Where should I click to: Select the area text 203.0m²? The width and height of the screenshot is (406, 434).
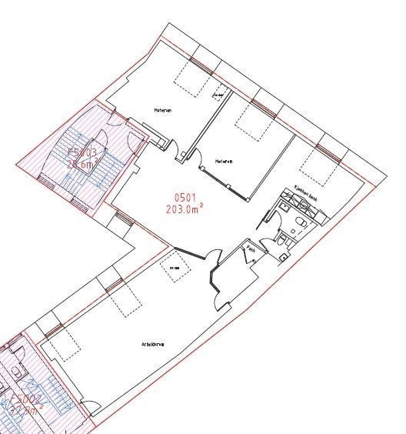[183, 208]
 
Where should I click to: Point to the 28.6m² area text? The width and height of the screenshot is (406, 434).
[82, 164]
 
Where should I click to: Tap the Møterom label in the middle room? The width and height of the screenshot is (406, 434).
[224, 162]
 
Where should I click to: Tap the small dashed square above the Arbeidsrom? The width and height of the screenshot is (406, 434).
[173, 266]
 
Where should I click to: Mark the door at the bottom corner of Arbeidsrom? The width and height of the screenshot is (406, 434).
[91, 412]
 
